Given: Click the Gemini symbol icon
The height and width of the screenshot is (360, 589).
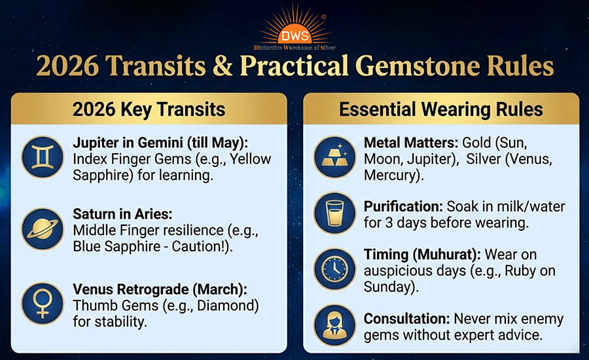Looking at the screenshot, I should point(43,157).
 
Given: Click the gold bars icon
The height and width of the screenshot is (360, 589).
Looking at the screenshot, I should point(335,156).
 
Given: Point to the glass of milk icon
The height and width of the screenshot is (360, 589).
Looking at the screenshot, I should point(335,213).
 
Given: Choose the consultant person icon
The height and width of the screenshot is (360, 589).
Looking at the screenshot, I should point(335,325).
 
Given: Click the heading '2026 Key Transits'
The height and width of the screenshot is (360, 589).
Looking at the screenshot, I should point(149,109).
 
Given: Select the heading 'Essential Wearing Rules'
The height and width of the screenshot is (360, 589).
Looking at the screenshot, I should point(440,109).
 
